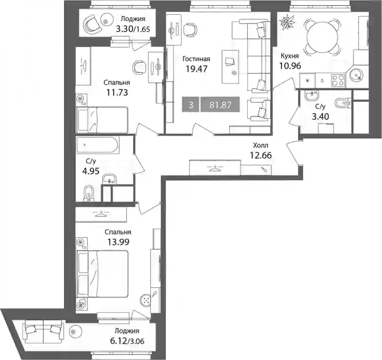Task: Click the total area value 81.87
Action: click(x=220, y=105)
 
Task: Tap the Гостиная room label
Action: click(x=196, y=59)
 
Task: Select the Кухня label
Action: click(x=290, y=56)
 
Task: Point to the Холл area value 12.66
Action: click(x=261, y=155)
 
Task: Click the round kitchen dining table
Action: click(x=321, y=37)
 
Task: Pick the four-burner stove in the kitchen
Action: click(x=338, y=80)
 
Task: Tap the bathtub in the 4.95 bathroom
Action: click(x=97, y=145)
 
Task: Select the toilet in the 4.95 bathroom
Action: click(x=89, y=194)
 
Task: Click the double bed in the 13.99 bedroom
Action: click(x=103, y=274)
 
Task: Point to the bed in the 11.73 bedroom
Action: click(x=102, y=120)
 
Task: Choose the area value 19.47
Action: click(x=196, y=69)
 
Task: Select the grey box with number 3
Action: click(x=191, y=105)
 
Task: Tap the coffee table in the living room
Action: click(x=230, y=66)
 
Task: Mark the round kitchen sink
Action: click(x=355, y=74)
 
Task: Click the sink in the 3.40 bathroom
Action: click(x=312, y=95)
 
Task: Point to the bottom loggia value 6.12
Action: click(x=118, y=341)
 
